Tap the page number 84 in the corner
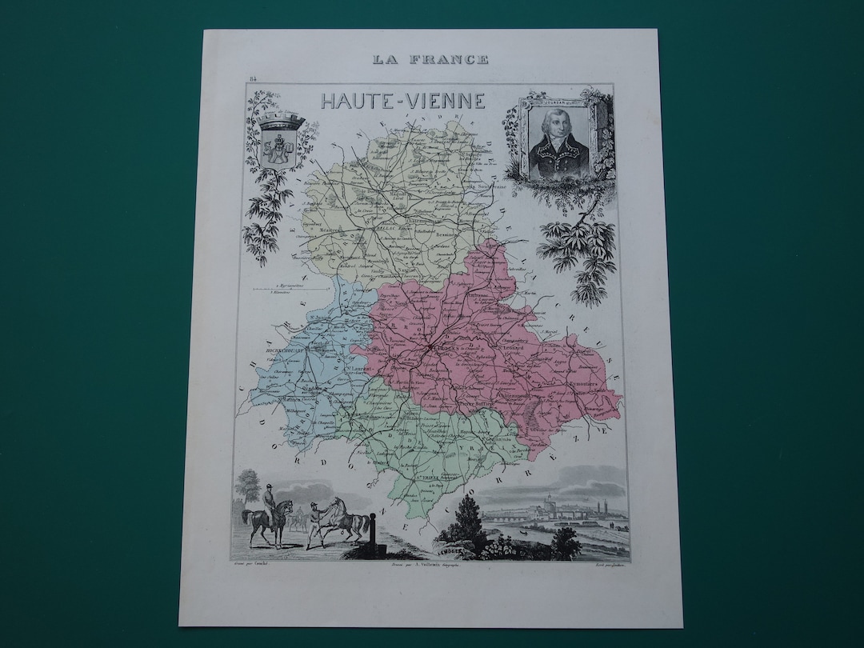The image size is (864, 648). point(253,78)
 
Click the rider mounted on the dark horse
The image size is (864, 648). point(268,504)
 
